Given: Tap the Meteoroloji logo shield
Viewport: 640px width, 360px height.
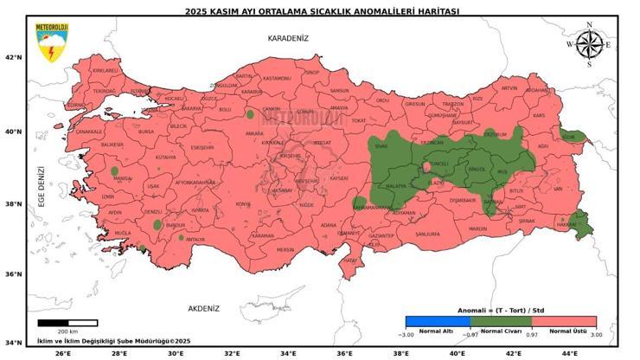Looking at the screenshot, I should pyautogui.click(x=51, y=42).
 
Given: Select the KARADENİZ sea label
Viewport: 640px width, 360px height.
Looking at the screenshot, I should pyautogui.click(x=288, y=39).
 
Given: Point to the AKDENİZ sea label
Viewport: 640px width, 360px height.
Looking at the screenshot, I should pyautogui.click(x=204, y=308).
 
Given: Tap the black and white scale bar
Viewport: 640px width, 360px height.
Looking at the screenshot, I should pyautogui.click(x=67, y=323).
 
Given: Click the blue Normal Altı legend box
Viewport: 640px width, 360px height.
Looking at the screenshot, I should pyautogui.click(x=438, y=322).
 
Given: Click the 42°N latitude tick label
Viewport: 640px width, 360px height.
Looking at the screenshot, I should pyautogui.click(x=13, y=57).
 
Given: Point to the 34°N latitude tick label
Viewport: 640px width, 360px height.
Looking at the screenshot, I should pyautogui.click(x=13, y=342).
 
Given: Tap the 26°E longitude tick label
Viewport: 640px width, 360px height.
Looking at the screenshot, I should pyautogui.click(x=62, y=353).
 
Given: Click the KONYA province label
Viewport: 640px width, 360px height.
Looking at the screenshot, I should pyautogui.click(x=243, y=204).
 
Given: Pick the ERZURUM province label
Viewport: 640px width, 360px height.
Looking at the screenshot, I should pyautogui.click(x=495, y=135).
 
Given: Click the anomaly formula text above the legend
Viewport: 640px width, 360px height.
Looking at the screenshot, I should pyautogui.click(x=501, y=310).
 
